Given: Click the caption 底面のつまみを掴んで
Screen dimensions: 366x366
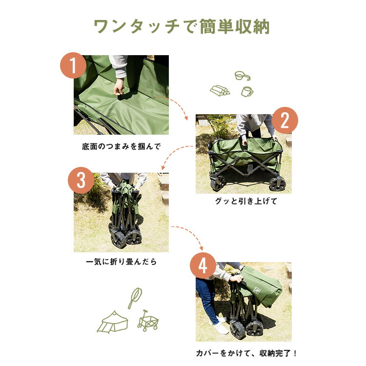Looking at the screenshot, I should [122, 146].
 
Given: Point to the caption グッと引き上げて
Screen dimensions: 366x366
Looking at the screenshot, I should [246, 201].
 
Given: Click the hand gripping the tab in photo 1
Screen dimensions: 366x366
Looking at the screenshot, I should [119, 88].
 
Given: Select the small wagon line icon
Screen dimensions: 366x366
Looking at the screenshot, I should [148, 321].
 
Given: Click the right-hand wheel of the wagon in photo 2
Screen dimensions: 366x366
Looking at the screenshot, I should [277, 184].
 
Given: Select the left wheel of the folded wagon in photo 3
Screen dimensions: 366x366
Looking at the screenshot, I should [118, 240].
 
